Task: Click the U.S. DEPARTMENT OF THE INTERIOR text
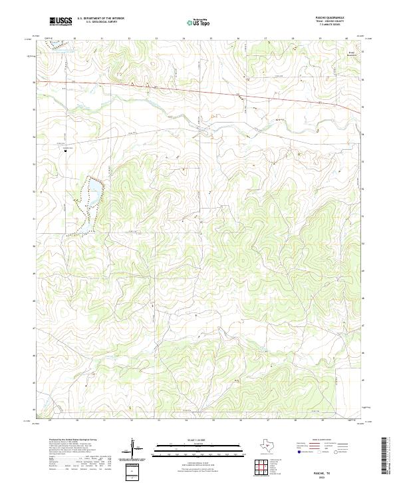point(100,19)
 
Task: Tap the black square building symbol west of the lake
point(65,151)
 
